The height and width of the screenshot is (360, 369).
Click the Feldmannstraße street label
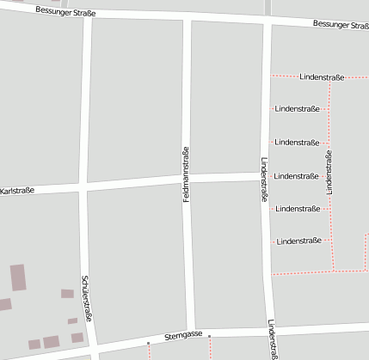(186, 175)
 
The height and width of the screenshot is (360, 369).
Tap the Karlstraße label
(17, 190)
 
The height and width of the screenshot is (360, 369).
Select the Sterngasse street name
(184, 333)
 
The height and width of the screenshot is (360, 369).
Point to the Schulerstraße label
(86, 297)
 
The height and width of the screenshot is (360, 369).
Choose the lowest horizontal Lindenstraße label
(298, 241)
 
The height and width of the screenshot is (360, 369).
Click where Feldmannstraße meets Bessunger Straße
(187, 19)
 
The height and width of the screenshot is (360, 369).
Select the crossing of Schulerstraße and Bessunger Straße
(88, 15)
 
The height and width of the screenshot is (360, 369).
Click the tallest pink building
(18, 277)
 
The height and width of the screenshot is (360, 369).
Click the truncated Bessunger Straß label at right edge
(341, 25)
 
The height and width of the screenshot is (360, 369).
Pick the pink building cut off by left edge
(4, 303)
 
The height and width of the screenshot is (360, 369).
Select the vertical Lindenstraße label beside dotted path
(329, 171)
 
